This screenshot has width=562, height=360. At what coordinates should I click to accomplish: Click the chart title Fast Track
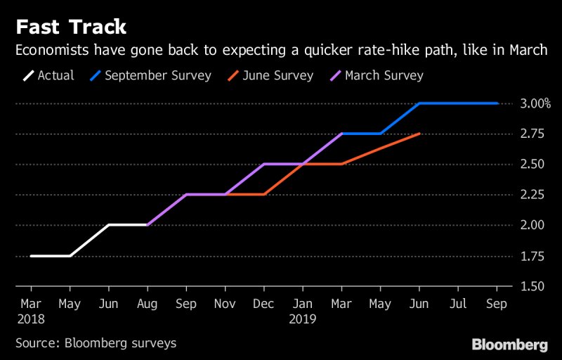[x=71, y=27]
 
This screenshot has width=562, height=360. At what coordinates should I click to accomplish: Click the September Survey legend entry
[x=148, y=75]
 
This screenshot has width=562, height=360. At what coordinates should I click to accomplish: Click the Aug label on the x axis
[x=147, y=304]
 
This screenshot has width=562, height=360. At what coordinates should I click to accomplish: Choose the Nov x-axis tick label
[x=225, y=304]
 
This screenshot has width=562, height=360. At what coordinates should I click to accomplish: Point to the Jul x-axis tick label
[x=458, y=304]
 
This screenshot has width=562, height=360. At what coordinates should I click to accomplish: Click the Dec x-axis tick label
[x=263, y=304]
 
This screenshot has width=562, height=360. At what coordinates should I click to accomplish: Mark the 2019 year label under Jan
[x=303, y=319]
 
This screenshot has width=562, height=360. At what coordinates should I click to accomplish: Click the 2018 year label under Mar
[x=31, y=319]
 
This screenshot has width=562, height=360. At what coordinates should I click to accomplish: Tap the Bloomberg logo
[x=509, y=345]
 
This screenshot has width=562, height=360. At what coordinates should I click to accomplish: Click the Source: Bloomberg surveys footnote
[x=96, y=343]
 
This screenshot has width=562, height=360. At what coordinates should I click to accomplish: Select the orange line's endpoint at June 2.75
[x=419, y=134]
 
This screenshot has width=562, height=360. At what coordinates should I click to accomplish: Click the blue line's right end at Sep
[x=497, y=103]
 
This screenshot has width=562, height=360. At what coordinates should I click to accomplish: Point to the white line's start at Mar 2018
[x=31, y=256]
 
